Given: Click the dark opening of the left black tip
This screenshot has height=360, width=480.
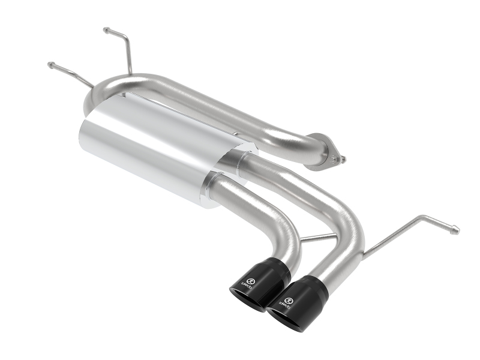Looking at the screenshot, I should click(247, 299).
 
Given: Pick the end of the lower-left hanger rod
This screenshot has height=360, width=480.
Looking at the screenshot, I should click(50, 64).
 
